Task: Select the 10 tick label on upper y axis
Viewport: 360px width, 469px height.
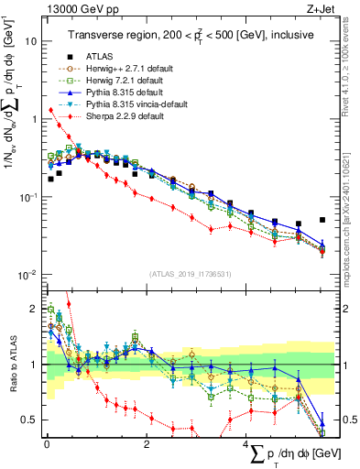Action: [x=30, y=42]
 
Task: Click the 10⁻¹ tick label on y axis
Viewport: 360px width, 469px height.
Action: [x=28, y=198]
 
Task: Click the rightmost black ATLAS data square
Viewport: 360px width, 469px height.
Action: [x=322, y=220]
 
